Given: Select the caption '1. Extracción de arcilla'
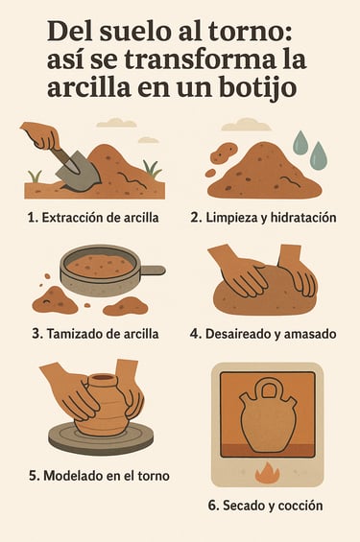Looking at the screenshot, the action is click(93, 218).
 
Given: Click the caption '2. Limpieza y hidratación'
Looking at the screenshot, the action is click(263, 218).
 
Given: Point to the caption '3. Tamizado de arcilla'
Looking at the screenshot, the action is click(95, 334).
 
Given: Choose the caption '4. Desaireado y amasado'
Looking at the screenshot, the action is click(263, 334).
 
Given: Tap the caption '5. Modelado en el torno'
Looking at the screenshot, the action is click(99, 476).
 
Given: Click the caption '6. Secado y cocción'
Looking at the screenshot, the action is click(266, 506).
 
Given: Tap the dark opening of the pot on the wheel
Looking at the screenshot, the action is click(102, 377).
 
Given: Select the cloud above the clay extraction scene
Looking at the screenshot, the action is click(111, 123).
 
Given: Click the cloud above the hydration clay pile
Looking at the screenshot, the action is click(246, 125).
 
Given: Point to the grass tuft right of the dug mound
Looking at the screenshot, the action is click(153, 169).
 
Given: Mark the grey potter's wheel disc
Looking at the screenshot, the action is click(101, 437).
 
